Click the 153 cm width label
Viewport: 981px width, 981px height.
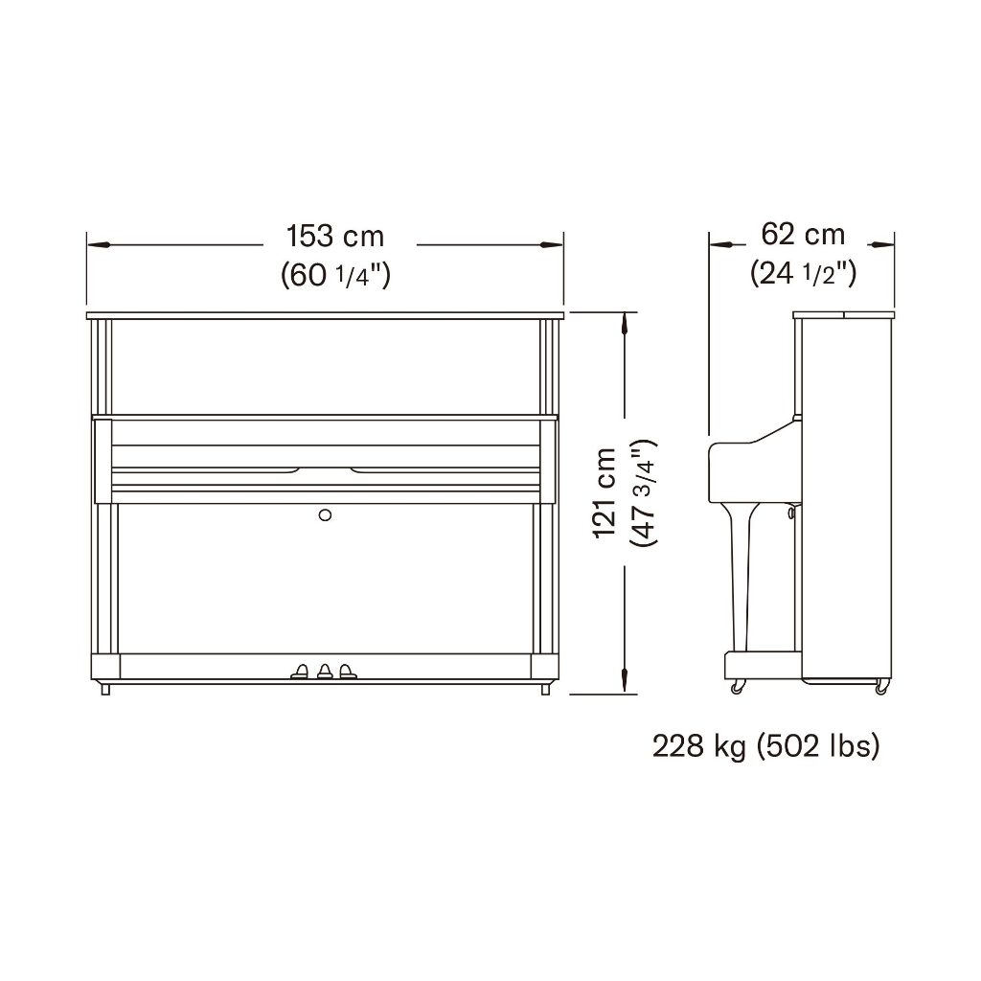coord(334,237)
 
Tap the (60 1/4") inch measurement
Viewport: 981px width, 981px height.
coord(336,275)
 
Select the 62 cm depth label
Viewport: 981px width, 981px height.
coord(803,235)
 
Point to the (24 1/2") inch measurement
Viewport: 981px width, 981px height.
coord(804,273)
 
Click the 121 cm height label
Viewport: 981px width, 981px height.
coord(605,493)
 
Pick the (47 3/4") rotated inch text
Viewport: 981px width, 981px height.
coord(645,493)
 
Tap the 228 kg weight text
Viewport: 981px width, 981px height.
coord(699,746)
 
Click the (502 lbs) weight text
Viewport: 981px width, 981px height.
coord(818,746)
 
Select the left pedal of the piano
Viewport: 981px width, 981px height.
coord(300,672)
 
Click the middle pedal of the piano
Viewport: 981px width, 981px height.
coord(324,672)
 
